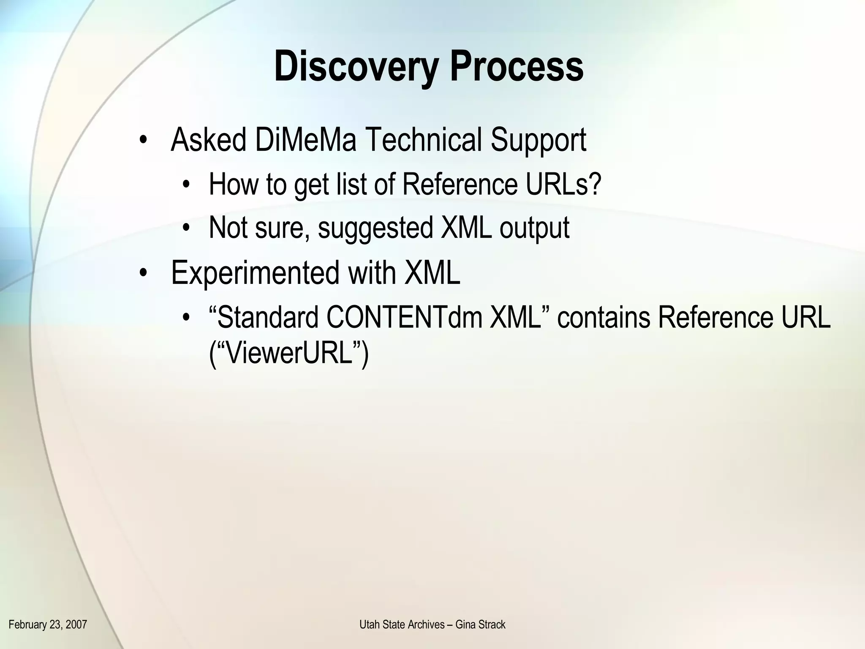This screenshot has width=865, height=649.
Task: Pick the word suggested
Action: point(375,228)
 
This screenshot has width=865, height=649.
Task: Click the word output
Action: point(534,228)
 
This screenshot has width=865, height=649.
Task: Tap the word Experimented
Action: point(255,273)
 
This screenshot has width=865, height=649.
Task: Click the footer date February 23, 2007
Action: point(48,624)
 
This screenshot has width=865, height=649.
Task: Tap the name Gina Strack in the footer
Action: point(480,624)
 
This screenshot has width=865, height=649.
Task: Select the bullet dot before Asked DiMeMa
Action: point(144,140)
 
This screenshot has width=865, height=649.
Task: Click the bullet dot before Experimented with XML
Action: point(144,273)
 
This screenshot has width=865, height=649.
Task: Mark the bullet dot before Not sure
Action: point(186,229)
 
